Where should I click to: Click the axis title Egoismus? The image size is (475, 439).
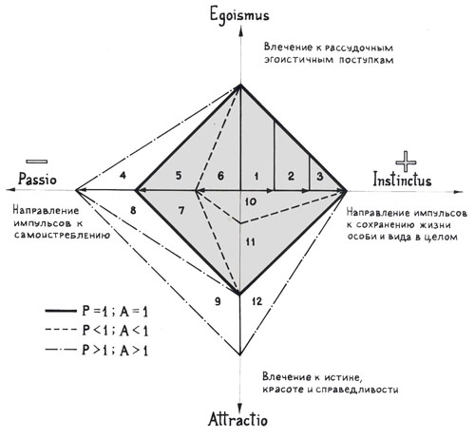point(239,14)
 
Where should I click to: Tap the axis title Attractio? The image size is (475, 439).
point(237,419)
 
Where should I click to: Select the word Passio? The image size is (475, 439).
point(37,179)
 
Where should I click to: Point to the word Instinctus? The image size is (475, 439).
point(402,180)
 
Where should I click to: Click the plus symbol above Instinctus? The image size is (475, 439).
point(406,162)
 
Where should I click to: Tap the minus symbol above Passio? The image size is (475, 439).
point(37,162)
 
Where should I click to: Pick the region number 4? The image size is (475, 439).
point(123,175)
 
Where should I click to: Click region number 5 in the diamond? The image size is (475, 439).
point(179,176)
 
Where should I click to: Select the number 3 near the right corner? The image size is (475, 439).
point(320,176)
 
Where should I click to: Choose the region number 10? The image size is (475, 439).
point(251,201)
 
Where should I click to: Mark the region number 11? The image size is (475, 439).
point(251,242)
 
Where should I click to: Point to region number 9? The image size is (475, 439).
point(218,301)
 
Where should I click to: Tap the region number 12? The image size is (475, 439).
point(257,301)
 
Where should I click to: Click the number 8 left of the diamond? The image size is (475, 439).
point(133,210)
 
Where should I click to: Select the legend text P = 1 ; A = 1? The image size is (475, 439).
point(115,312)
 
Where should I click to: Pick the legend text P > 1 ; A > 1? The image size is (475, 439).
point(115,351)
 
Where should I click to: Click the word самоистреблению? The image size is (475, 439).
point(62,236)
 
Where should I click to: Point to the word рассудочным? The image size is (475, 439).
point(359,48)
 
